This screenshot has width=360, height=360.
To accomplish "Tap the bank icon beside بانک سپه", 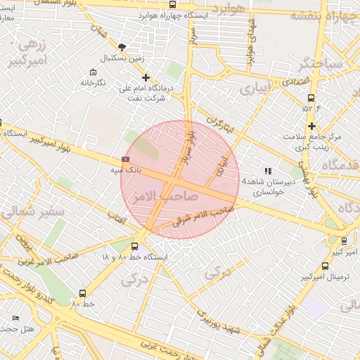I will (125, 160).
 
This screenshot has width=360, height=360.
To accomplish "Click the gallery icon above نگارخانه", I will (94, 72).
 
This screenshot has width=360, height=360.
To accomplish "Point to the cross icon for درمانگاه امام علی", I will (146, 77).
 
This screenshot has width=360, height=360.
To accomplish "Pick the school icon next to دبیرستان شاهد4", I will (267, 171).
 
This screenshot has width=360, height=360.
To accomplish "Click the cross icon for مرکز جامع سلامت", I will (311, 126).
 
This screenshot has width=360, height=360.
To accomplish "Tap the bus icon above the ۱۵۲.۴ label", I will (311, 98).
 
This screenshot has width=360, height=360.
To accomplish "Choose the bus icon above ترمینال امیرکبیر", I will (325, 266).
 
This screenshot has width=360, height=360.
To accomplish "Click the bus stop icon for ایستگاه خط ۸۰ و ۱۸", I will (134, 246).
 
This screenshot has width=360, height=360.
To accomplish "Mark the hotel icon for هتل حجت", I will (15, 319).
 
